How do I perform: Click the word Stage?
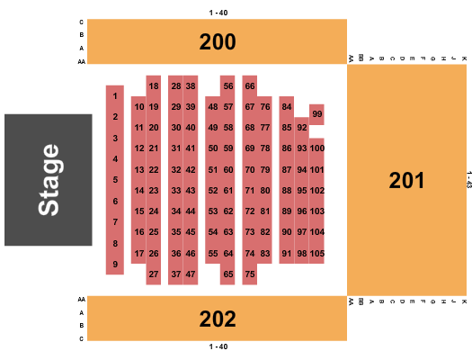[49, 180]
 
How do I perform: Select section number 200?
[218, 41]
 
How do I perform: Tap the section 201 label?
[406, 181]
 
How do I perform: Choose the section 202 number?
[218, 319]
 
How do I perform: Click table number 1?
[115, 96]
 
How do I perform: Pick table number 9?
[115, 265]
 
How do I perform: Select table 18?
[154, 86]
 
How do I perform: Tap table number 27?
[154, 274]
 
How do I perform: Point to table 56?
[228, 86]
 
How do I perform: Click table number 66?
[250, 86]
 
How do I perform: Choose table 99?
[317, 114]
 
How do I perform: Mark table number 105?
[317, 254]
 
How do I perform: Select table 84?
[287, 106]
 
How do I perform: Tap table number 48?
[213, 106]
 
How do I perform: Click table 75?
[250, 274]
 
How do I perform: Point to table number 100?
[317, 148]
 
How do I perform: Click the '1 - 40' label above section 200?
[218, 13]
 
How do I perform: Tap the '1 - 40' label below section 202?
[218, 346]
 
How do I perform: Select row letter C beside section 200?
[81, 22]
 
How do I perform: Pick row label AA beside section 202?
[81, 299]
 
